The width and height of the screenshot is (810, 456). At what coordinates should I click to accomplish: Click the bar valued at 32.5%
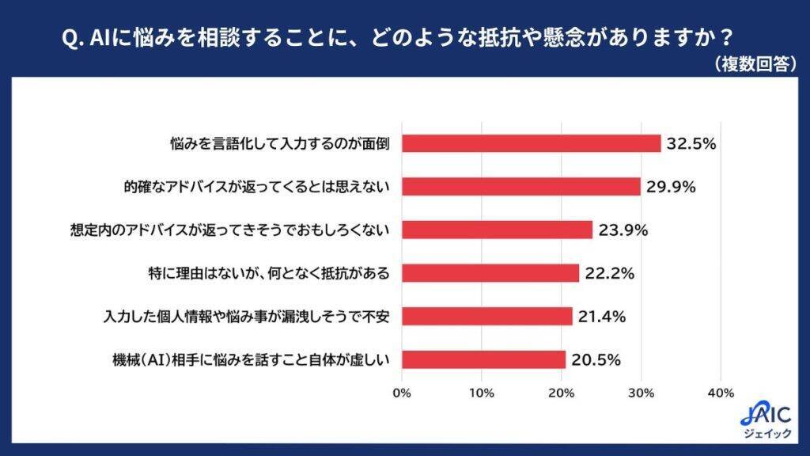(x=532, y=143)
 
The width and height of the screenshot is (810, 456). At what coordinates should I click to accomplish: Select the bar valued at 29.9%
(x=521, y=187)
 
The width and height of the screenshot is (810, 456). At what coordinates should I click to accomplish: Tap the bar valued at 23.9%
(x=497, y=230)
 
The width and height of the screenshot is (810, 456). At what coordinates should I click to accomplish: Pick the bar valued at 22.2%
(x=490, y=273)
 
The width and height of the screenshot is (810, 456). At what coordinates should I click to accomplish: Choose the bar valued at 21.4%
(x=487, y=316)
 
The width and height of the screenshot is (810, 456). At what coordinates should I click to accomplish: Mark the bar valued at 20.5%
(x=483, y=359)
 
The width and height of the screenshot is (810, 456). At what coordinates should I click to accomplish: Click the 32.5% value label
(x=691, y=143)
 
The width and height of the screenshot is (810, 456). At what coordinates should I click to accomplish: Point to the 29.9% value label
(x=670, y=187)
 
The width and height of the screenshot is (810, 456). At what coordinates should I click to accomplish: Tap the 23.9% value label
(x=623, y=230)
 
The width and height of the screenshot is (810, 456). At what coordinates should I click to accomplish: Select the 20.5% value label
(x=595, y=359)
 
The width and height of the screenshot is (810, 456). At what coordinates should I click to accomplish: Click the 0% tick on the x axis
(x=402, y=393)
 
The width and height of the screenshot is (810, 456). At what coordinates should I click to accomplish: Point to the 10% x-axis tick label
(x=482, y=393)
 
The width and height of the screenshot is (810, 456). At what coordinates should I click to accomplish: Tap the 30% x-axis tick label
(x=642, y=393)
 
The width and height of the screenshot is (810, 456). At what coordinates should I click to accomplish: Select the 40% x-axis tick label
(x=721, y=393)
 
